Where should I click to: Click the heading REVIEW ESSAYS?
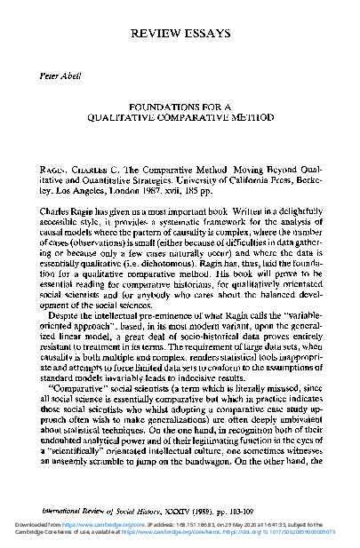pos(180,33)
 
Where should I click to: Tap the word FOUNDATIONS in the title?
pos(158,104)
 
